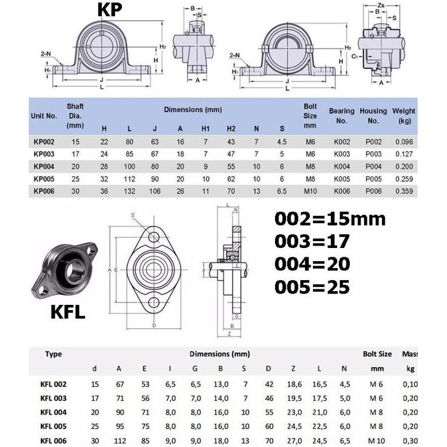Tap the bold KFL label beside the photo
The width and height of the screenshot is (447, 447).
pos(68,313)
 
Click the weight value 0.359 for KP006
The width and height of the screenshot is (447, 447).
pos(404,191)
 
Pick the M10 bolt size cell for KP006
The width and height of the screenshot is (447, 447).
pos(310,191)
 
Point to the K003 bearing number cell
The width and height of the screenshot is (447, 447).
pos(342,154)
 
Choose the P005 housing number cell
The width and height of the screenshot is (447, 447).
pos(373,178)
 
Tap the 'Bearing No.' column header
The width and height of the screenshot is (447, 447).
pos(342,115)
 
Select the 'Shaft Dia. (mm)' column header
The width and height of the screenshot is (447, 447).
pos(75,115)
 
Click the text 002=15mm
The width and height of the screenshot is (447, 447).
pos(330,220)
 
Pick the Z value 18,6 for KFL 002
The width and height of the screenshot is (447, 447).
pos(294,384)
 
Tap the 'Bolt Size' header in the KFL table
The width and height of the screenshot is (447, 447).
pos(377,354)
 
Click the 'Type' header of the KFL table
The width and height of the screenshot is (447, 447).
pos(54,354)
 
